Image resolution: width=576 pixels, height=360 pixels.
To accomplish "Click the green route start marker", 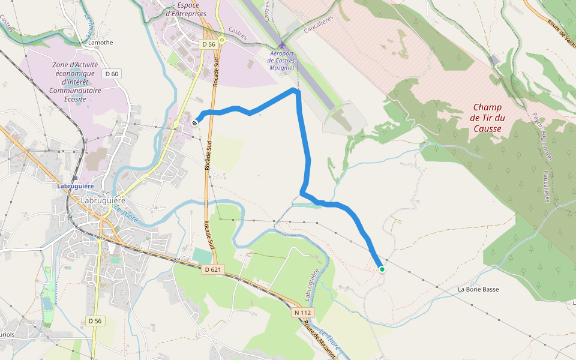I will click(382, 269).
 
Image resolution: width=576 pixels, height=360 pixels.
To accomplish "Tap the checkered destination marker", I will click(195, 122).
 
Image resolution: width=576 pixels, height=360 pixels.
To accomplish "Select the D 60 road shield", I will click(111, 74).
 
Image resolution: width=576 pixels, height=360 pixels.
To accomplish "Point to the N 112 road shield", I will click(303, 313).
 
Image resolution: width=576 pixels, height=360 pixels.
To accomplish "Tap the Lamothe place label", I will click(100, 43).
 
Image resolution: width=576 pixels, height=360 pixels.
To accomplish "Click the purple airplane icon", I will click(283, 45).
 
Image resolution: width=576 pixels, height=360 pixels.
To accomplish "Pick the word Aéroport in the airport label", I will click(282, 53).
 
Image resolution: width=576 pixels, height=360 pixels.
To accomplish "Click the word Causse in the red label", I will click(487, 128).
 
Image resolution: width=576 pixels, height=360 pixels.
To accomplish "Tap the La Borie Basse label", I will click(478, 289).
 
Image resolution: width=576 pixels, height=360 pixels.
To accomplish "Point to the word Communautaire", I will click(76, 90).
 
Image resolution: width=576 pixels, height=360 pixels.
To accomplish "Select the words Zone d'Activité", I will click(76, 65).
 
